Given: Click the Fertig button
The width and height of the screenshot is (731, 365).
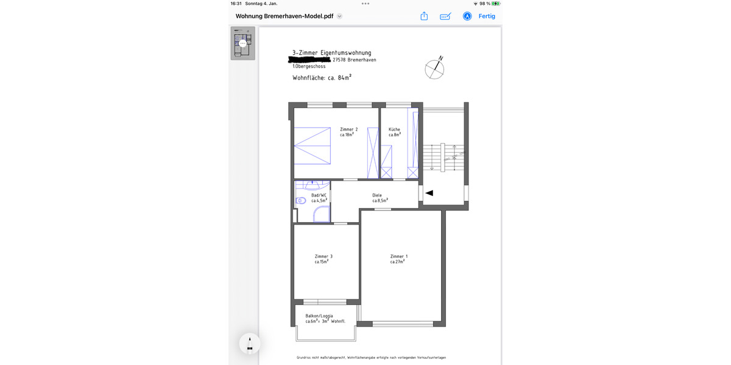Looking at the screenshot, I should tap(487, 16).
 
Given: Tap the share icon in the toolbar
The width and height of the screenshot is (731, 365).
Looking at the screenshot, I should tap(424, 16).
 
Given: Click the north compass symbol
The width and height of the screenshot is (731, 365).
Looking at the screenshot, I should tap(434, 69).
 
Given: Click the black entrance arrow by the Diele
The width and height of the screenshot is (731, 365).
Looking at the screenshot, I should tap(429, 193).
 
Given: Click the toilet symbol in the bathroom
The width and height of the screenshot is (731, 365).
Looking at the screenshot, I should tap(300, 200).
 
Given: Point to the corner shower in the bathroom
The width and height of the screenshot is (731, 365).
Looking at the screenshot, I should tap(321, 214).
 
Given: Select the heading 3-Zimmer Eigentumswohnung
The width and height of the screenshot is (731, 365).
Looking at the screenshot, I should tap(331, 53).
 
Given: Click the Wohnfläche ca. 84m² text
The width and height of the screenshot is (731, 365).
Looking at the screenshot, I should tap(322, 78).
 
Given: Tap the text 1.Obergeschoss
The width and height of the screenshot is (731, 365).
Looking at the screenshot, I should tap(308, 66).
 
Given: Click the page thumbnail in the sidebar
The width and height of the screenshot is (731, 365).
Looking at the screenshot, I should tap(242, 43).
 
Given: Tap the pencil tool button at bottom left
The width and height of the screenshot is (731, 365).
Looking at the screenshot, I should tap(249, 344).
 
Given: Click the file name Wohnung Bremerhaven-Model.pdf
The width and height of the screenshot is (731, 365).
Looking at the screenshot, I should tap(284, 16).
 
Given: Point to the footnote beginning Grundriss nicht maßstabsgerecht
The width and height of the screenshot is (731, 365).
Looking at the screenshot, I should tap(375, 358).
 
